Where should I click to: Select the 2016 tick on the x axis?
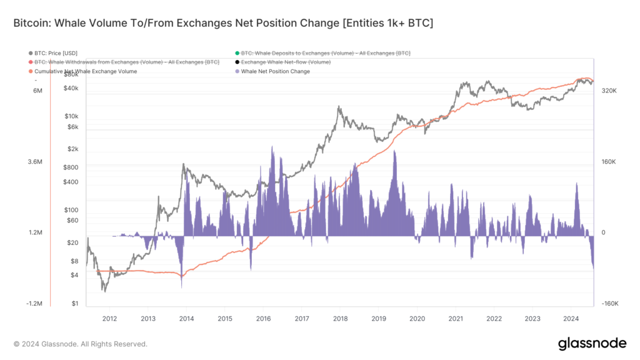(x=263, y=318)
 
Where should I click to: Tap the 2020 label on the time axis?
(x=417, y=318)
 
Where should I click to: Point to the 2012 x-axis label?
(x=109, y=318)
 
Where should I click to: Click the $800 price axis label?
(x=70, y=167)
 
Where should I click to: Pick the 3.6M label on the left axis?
(x=35, y=162)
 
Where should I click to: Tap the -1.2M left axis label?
(x=33, y=304)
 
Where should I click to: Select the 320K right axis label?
(x=609, y=91)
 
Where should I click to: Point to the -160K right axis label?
(x=609, y=304)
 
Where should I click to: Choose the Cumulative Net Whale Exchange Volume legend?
(x=86, y=71)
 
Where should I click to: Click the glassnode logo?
(x=591, y=343)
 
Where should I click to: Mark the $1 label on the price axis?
(x=74, y=304)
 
